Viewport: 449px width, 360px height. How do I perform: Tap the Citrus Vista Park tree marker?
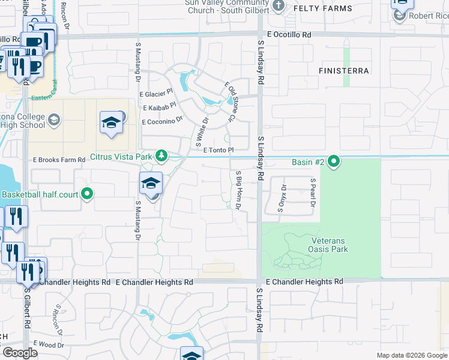(161, 156)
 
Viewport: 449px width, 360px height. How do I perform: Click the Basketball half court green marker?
(87, 194)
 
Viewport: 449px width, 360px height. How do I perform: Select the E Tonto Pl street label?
(217, 150)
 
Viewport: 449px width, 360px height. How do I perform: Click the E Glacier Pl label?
(155, 94)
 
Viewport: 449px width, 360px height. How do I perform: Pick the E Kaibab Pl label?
(159, 107)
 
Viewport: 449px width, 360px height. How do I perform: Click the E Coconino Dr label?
(161, 121)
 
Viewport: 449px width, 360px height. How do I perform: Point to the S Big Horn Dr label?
(238, 190)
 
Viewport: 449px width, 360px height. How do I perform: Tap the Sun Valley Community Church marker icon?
(278, 7)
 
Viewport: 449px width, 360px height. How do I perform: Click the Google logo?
(20, 353)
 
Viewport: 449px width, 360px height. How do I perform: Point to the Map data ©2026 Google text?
(411, 355)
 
